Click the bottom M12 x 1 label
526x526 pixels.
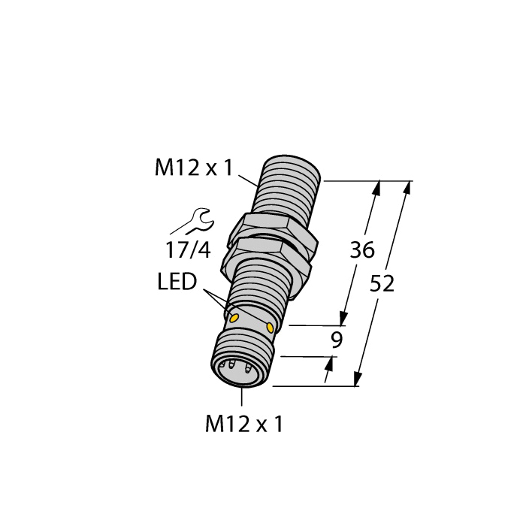245,425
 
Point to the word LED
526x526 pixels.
177,283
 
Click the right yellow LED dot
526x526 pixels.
270,327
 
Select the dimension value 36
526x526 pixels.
362,251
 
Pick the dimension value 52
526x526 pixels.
382,284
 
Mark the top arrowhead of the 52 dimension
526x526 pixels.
407,188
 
